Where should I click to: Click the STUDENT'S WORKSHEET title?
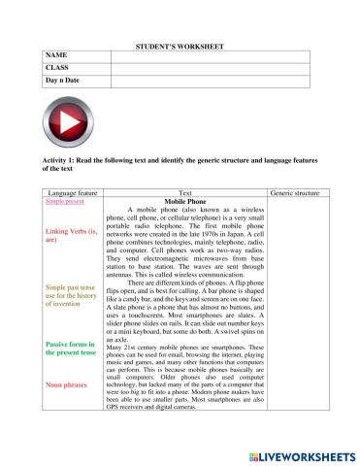180,47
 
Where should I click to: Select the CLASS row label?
58,69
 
